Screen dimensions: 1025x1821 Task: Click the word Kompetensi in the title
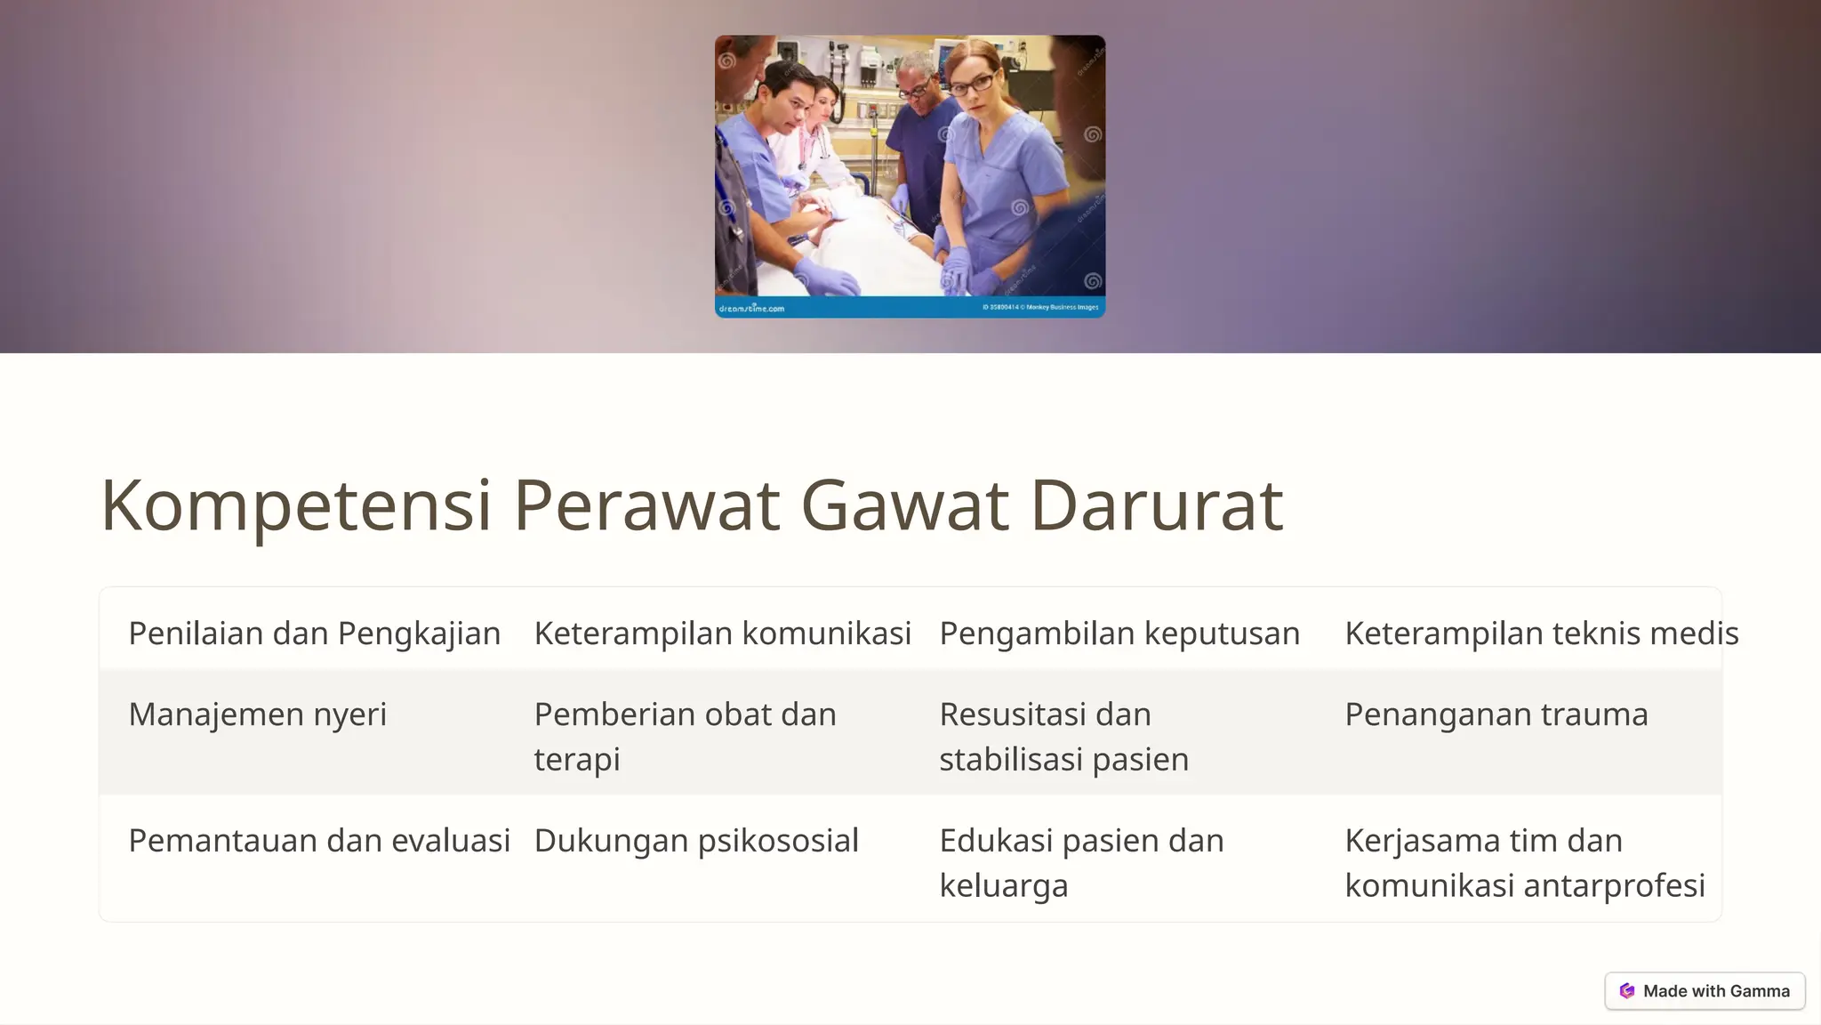[x=296, y=505]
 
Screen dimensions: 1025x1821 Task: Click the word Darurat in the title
[x=1156, y=505]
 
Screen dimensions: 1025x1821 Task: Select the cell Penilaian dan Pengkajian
[x=315, y=634]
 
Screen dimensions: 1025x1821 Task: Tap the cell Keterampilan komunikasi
[x=722, y=634]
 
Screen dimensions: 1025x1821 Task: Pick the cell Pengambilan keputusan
[x=1119, y=634]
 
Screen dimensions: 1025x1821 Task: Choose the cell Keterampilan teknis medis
[x=1541, y=634]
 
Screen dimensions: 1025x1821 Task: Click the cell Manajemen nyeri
[x=258, y=714]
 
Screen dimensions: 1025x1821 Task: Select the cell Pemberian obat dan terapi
[x=685, y=736]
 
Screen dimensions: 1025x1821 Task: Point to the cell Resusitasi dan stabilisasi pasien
[x=1063, y=736]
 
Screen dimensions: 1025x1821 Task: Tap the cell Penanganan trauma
[x=1496, y=714]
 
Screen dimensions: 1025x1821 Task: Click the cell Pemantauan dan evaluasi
[x=319, y=841]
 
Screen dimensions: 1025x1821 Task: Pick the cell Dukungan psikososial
[x=696, y=841]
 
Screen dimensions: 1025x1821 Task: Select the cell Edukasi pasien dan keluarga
[x=1081, y=862]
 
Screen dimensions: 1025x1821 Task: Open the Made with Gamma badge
[x=1705, y=991]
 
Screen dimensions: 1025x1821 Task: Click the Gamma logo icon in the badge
[x=1627, y=991]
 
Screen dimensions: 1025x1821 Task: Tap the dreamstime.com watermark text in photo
[x=751, y=309]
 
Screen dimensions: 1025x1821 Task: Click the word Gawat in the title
[x=904, y=505]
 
